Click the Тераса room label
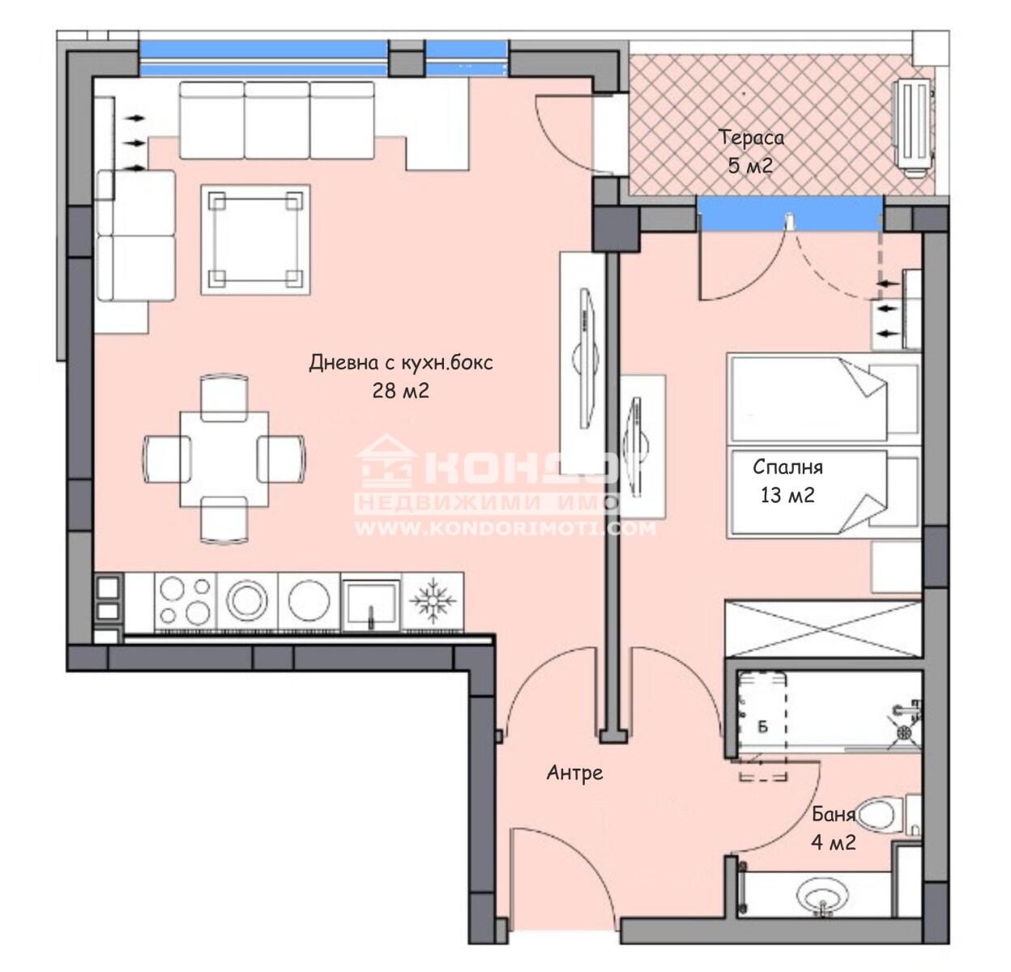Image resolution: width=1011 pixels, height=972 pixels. pos(752,137)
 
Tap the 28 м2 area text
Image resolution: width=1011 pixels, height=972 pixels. pos(400,391)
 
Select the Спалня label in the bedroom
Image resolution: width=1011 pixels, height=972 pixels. pos(787,467)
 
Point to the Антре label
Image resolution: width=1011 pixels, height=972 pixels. pos(574,773)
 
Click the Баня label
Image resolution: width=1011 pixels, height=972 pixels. pos(834,815)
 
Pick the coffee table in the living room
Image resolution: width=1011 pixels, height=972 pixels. pos(256,240)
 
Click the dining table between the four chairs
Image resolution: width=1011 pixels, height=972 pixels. pos(224,457)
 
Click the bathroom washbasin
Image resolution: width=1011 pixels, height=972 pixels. pos(823,897)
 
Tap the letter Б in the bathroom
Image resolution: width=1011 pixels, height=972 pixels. pos(762,725)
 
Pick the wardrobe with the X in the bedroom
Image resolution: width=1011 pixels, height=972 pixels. pos(822,629)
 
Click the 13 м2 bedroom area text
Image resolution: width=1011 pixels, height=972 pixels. pos(787,495)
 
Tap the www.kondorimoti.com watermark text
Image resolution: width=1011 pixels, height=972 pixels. pos(505,529)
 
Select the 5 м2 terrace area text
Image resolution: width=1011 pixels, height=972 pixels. pos(749,166)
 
